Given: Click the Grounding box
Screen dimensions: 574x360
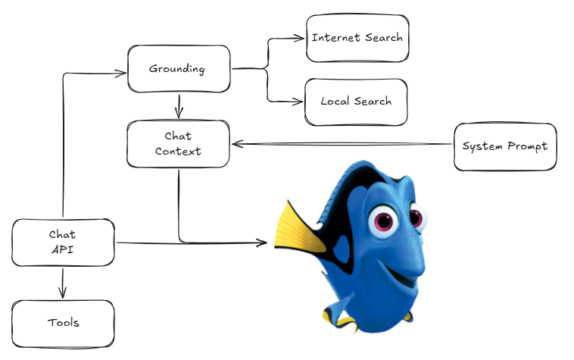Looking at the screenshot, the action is pos(179,69).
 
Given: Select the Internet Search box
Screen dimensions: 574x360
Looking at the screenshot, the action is pos(357,38).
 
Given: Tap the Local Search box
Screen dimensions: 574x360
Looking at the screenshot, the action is pos(356,102).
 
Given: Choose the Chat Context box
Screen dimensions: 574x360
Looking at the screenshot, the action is pos(178,144).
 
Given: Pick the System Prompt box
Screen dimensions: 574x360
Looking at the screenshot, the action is pos(505,146).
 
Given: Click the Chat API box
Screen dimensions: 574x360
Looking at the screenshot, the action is pos(63,243).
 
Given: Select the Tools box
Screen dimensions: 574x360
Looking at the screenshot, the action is pos(63,324).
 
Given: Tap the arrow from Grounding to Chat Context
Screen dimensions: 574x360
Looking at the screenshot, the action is pos(179,106).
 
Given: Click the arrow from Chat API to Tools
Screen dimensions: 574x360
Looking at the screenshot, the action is pos(63,283).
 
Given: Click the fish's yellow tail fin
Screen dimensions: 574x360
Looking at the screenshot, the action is pos(298,229).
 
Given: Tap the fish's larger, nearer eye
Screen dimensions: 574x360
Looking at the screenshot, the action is pos(383,221).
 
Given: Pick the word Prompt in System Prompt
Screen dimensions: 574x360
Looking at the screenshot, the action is pos(528,146).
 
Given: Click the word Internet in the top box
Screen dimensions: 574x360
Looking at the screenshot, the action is pos(335,37).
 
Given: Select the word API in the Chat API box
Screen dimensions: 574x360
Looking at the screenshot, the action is pos(62,250).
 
